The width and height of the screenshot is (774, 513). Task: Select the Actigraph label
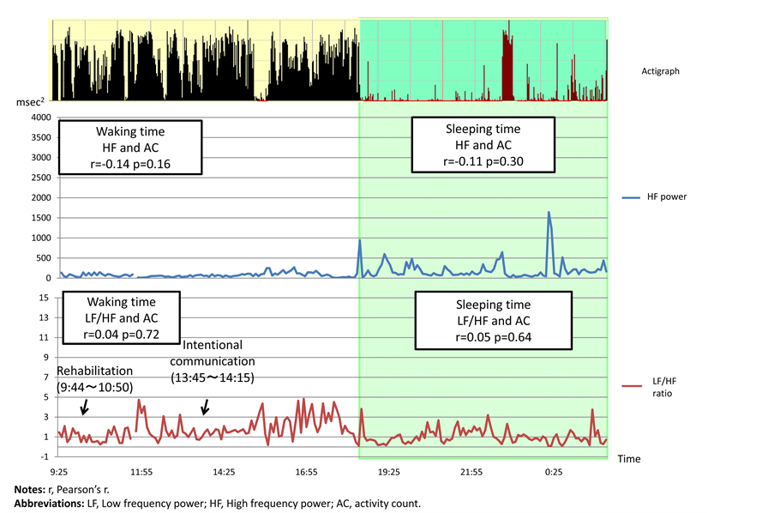660,71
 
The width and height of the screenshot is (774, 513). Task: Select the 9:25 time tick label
59,472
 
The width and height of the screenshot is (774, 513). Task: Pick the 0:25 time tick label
553,472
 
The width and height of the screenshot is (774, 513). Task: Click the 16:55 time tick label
306,472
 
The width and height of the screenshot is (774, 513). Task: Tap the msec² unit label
31,103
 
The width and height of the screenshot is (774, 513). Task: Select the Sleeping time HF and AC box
483,144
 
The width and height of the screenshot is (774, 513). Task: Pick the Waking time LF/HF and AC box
119,318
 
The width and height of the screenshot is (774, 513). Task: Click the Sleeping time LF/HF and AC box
494,321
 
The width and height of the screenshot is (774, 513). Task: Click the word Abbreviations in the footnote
49,503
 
